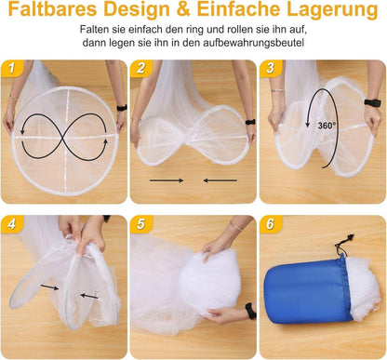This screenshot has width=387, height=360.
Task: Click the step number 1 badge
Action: pos(12,68)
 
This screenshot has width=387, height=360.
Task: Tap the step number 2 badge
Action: pos(141,68)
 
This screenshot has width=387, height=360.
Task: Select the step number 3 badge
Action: pos(271,68)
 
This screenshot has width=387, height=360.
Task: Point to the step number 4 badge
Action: pos(12,224)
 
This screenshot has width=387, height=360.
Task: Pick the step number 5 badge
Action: pos(141,224)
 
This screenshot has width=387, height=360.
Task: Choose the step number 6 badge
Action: pos(271,224)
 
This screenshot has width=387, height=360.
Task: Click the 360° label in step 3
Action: pos(327,126)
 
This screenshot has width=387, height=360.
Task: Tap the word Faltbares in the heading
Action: pos(52,9)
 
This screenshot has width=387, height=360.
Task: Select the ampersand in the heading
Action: pos(183,9)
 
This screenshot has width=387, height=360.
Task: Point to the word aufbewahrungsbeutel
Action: pos(254,43)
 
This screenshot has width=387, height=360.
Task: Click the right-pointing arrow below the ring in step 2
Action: pos(167,180)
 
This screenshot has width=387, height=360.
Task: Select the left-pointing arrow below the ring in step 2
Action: pos(220,180)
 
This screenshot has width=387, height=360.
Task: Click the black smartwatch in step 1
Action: pos(122,108)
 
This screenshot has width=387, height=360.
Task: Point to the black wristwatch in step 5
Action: pos(250,311)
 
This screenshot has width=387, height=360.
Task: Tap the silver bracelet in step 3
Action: pos(277,90)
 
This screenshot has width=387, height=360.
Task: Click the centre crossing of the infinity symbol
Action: pos(64,137)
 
